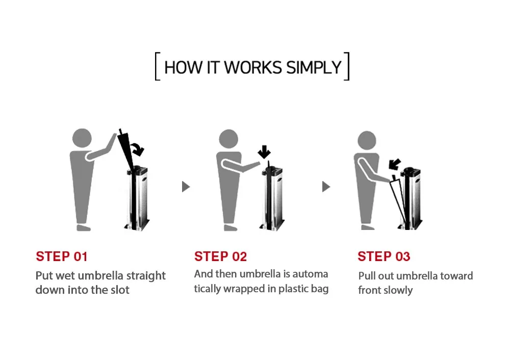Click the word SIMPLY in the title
pyautogui.click(x=314, y=67)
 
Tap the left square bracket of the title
pyautogui.click(x=157, y=66)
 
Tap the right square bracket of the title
pyautogui.click(x=347, y=66)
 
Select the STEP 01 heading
pyautogui.click(x=62, y=256)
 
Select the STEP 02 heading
pyautogui.click(x=220, y=256)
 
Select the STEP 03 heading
pyautogui.click(x=384, y=256)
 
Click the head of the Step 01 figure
pyautogui.click(x=82, y=138)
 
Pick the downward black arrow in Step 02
pyautogui.click(x=264, y=152)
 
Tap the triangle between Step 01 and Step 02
pyautogui.click(x=186, y=187)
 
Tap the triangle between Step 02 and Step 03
pyautogui.click(x=326, y=187)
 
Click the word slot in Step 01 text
pyautogui.click(x=118, y=290)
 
